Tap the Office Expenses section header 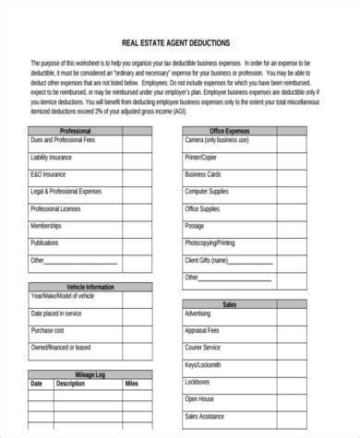pyautogui.click(x=229, y=132)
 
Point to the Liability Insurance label pyautogui.click(x=53, y=159)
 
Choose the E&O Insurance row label pyautogui.click(x=48, y=173)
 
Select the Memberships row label pyautogui.click(x=46, y=226)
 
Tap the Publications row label pyautogui.click(x=44, y=243)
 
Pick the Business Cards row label pyautogui.click(x=203, y=173)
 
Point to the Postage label pyautogui.click(x=194, y=226)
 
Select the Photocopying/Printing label pyautogui.click(x=210, y=243)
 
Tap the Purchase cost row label pyautogui.click(x=47, y=329)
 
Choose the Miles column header pyautogui.click(x=131, y=384)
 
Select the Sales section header pyautogui.click(x=229, y=303)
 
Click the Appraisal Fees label pyautogui.click(x=202, y=329)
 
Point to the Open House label pyautogui.click(x=198, y=399)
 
